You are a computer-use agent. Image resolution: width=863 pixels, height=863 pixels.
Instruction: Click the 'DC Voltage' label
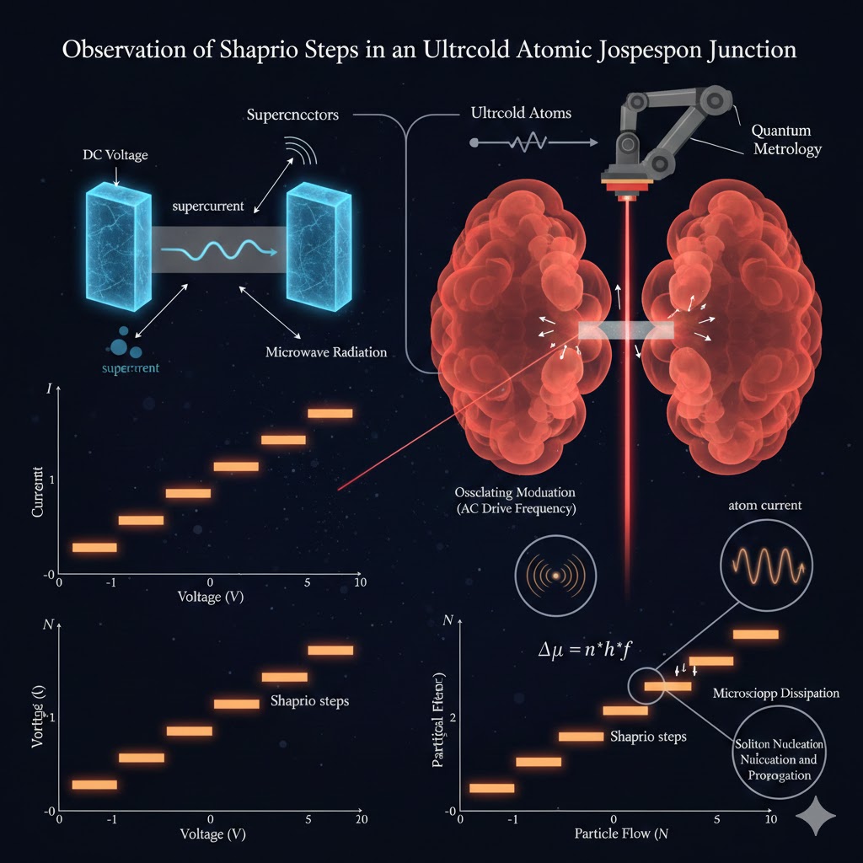[115, 157]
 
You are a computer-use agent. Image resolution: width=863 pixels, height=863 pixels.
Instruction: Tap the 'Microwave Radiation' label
[326, 351]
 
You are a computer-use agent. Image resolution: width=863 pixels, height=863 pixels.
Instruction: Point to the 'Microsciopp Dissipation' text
[775, 693]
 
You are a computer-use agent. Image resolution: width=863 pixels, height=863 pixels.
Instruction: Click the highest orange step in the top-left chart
[330, 413]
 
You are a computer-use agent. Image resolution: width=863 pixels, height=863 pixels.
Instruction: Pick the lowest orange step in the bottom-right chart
[491, 788]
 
